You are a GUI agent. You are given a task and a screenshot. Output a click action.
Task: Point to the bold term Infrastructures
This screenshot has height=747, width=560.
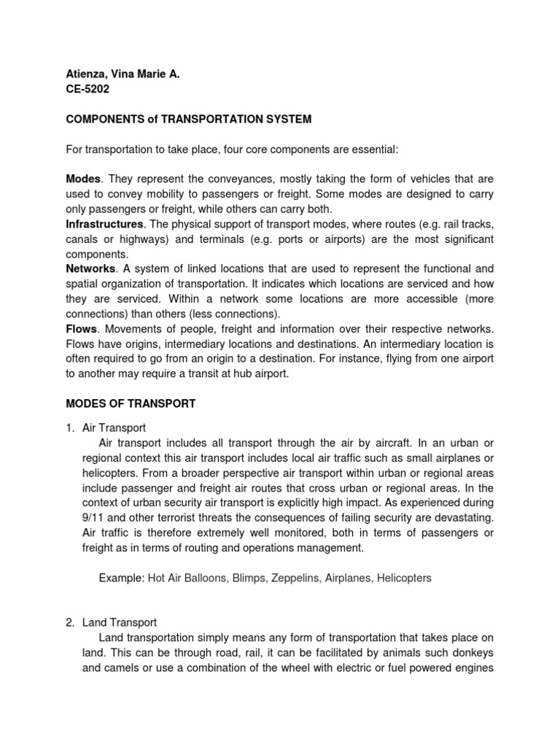[101, 225]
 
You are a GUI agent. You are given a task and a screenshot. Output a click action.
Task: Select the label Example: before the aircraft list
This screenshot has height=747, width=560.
[121, 578]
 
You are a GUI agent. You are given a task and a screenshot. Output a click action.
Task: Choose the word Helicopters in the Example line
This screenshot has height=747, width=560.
[402, 578]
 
